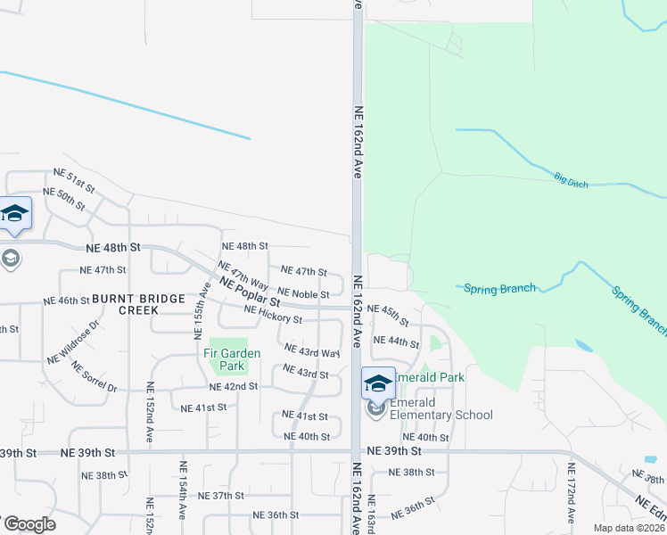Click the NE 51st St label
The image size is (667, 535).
click(x=74, y=179)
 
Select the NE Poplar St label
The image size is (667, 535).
click(x=250, y=291)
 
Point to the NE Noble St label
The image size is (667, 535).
click(x=303, y=292)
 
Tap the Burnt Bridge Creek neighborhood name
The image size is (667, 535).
click(x=125, y=304)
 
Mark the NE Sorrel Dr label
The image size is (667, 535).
click(x=95, y=377)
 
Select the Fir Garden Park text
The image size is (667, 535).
click(x=230, y=359)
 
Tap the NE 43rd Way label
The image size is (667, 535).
click(x=312, y=350)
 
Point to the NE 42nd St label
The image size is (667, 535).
click(x=234, y=386)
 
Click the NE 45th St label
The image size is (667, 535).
click(x=388, y=315)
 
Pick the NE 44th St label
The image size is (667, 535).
click(x=396, y=342)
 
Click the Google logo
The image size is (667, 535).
click(x=29, y=524)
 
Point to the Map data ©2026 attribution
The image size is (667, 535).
click(x=629, y=528)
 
